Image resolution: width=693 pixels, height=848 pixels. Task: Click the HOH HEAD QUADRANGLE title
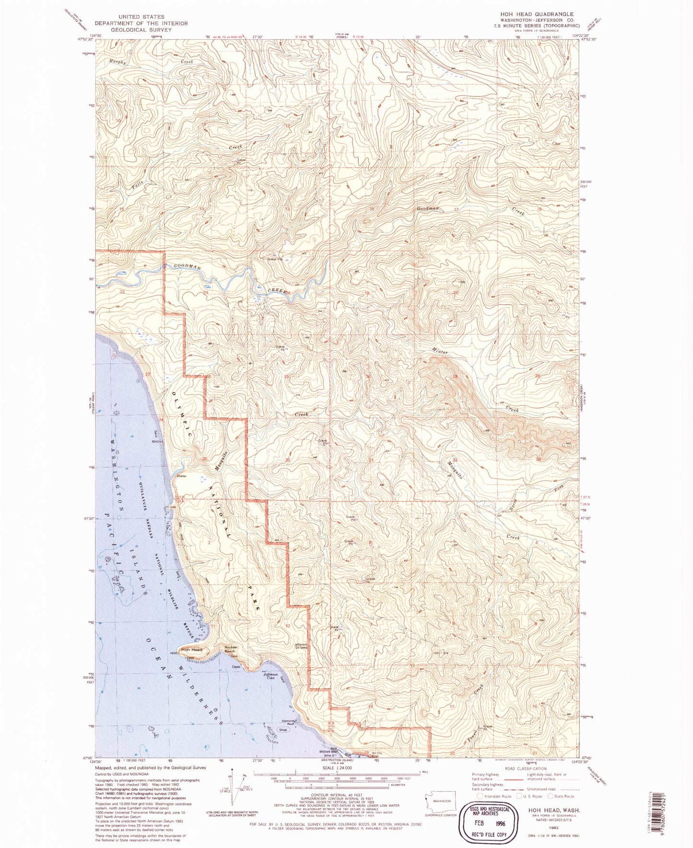(537, 14)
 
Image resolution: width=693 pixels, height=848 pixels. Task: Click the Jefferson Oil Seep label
(301, 646)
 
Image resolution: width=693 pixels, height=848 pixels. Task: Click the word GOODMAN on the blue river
(187, 267)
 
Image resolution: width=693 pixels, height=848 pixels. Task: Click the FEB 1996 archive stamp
(488, 817)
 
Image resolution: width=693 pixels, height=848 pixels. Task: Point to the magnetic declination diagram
(233, 792)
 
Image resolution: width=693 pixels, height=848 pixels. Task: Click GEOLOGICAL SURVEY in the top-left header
(141, 29)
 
